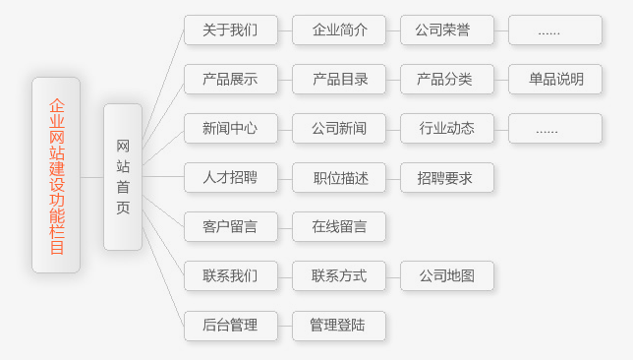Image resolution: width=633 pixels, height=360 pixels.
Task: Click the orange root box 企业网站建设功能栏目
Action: point(56,175)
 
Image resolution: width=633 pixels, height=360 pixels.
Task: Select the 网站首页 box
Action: point(123,177)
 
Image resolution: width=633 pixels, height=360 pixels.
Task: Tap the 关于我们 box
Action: point(231,30)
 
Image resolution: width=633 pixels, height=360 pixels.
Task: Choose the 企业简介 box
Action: point(339,30)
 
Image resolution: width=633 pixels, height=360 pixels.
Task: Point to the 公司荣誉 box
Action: point(447,30)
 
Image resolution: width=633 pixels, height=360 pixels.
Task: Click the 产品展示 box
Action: point(231,80)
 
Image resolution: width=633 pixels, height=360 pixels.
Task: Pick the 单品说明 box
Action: point(555,80)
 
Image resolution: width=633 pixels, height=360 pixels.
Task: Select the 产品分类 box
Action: point(447,80)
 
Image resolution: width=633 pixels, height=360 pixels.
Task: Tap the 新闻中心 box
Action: point(231,129)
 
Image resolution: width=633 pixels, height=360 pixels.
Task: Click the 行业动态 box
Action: point(447,129)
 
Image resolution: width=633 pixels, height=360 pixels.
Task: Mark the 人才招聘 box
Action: point(231,177)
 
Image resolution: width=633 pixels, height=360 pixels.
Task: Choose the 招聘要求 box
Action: point(447,177)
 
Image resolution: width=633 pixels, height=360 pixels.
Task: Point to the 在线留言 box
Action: point(339,226)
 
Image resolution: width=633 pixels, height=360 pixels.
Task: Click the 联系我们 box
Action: point(231,276)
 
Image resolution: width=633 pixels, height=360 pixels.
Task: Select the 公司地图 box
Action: point(447,276)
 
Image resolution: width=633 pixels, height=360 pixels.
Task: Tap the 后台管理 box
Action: point(231,326)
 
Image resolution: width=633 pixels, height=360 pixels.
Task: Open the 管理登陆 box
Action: point(339,326)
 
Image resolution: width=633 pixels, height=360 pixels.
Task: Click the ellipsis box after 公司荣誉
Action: point(555,30)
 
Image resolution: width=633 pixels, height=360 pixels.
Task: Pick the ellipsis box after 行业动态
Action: point(555,129)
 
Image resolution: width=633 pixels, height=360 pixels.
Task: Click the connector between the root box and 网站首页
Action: point(92,177)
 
